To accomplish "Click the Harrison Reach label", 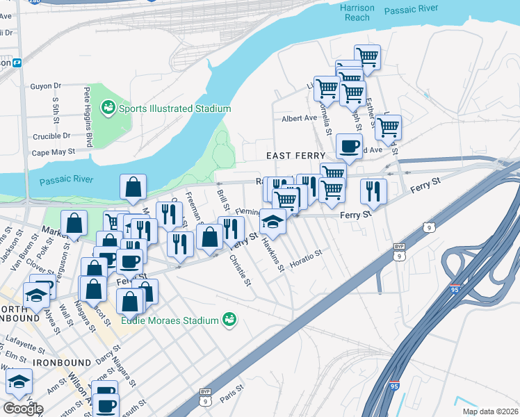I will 358,13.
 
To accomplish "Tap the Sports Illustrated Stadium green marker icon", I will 108,108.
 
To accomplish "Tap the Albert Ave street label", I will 299,119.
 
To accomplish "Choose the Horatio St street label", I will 307,254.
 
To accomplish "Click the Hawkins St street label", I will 273,256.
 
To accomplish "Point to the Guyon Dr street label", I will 46,87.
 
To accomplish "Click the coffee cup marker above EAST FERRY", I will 349,147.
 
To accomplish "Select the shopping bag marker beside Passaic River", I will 132,187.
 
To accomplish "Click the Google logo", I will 24,408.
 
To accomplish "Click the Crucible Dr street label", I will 51,136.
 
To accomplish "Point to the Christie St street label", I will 239,271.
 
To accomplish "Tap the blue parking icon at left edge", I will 17,62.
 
